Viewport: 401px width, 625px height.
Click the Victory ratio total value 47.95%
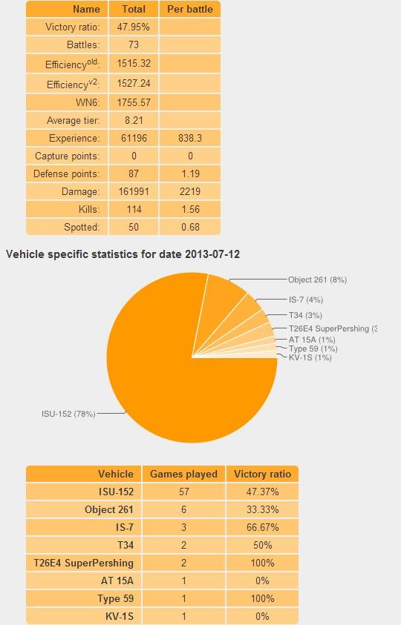[134, 27]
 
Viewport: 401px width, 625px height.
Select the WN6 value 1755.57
[134, 102]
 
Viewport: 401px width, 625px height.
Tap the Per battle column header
[189, 9]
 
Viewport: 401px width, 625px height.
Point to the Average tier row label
[73, 120]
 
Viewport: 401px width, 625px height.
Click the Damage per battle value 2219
[190, 192]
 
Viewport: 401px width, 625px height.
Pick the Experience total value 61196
[134, 139]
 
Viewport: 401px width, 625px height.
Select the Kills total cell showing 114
[134, 209]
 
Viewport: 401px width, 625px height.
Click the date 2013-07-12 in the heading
[212, 254]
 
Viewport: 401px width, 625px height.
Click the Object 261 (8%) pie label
[318, 280]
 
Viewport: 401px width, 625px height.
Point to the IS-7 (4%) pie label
[306, 300]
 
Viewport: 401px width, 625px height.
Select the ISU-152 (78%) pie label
[68, 414]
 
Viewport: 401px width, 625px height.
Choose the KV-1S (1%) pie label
[310, 357]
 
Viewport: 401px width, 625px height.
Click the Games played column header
[183, 474]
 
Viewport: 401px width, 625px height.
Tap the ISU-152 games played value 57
[184, 492]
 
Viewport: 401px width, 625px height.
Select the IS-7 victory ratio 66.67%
[262, 527]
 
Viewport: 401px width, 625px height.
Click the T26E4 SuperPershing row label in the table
[83, 563]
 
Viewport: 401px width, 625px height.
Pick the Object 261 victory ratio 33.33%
[262, 510]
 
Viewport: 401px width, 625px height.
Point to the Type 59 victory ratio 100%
[262, 599]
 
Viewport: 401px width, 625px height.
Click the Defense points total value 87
[134, 173]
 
